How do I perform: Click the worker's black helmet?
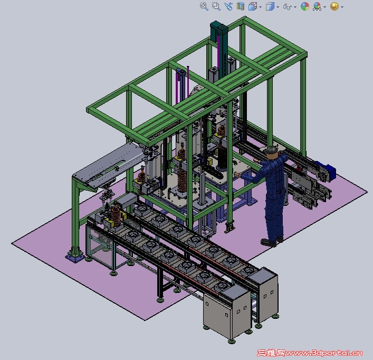click(x=272, y=150)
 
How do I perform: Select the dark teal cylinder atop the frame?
click(x=219, y=29)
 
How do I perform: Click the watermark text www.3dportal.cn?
click(x=324, y=353)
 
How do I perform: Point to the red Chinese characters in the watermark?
click(x=271, y=353)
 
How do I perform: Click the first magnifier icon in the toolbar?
click(x=204, y=6)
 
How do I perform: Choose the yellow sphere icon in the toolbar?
click(x=334, y=6)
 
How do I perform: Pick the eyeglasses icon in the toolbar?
click(x=288, y=7)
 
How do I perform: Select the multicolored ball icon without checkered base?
click(x=305, y=6)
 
